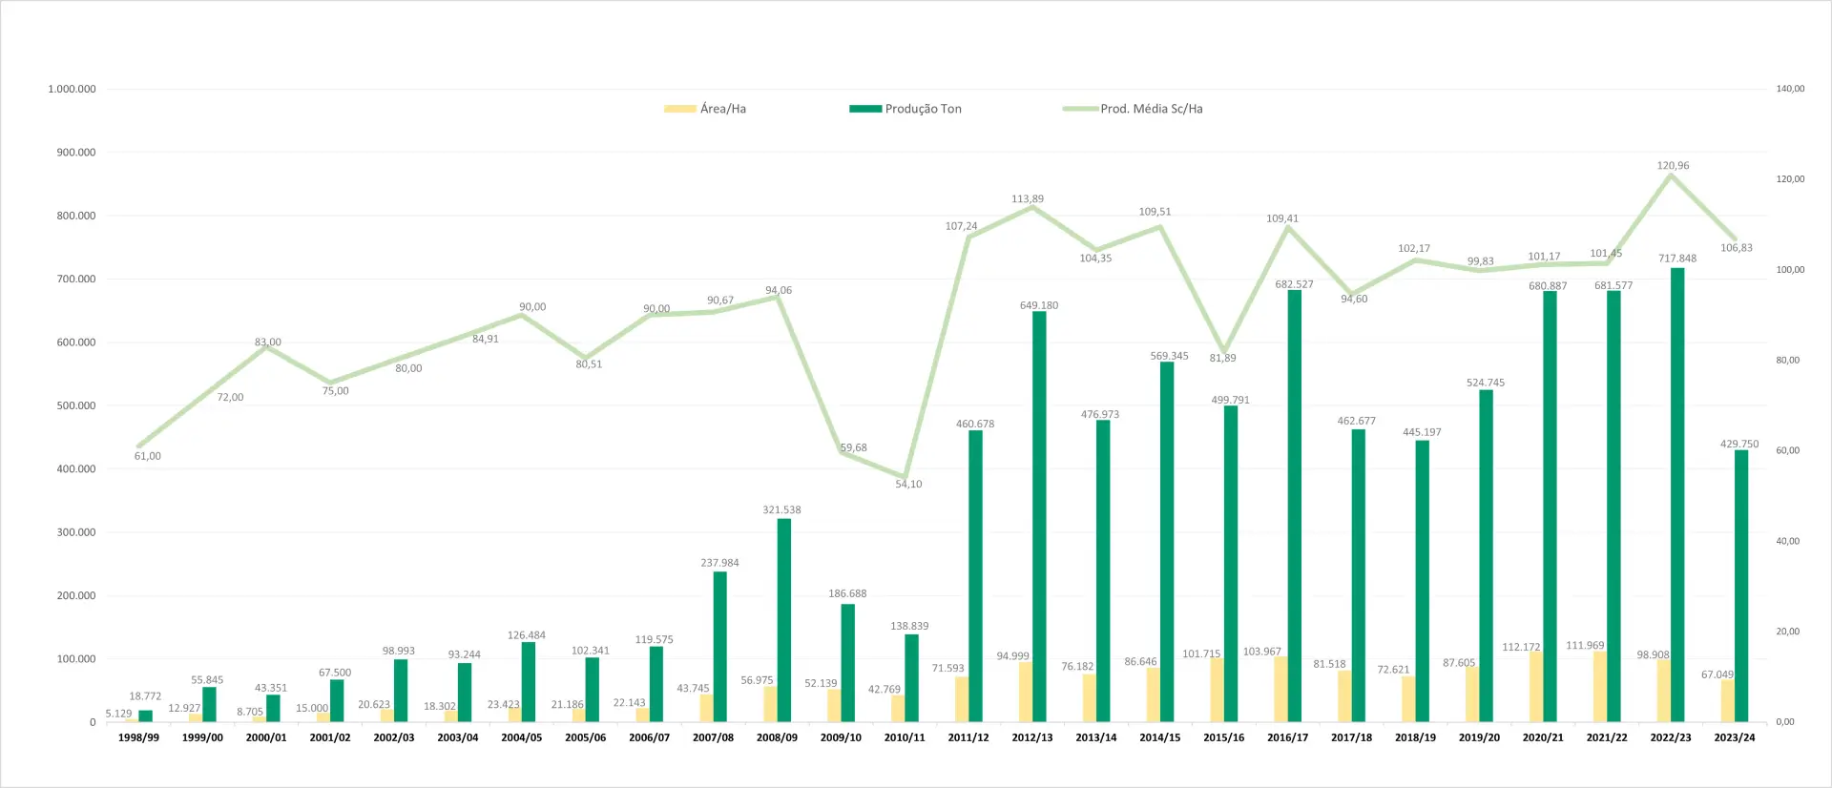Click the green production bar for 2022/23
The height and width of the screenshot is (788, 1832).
[1676, 496]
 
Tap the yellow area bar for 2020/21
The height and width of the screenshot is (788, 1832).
[1536, 687]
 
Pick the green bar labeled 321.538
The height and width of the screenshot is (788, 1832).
[784, 620]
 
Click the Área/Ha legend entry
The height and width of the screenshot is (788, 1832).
[706, 109]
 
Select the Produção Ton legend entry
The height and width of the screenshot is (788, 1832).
[906, 109]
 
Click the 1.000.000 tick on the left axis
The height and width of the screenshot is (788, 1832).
[72, 89]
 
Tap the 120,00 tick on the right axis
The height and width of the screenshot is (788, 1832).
[1790, 179]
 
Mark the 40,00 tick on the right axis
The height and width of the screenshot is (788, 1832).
[1787, 541]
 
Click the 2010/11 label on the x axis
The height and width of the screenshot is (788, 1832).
[905, 737]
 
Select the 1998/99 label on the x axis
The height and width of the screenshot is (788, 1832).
[138, 737]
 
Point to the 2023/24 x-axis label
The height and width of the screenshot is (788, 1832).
[1735, 737]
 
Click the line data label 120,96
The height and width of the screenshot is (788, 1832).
[1673, 166]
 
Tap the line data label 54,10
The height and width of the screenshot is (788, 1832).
[908, 485]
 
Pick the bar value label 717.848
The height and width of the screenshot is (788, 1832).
[1677, 259]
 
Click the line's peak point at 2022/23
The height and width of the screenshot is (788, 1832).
[1671, 176]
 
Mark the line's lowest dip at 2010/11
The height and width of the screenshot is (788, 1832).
[904, 477]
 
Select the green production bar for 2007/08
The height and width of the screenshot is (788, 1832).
[720, 647]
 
